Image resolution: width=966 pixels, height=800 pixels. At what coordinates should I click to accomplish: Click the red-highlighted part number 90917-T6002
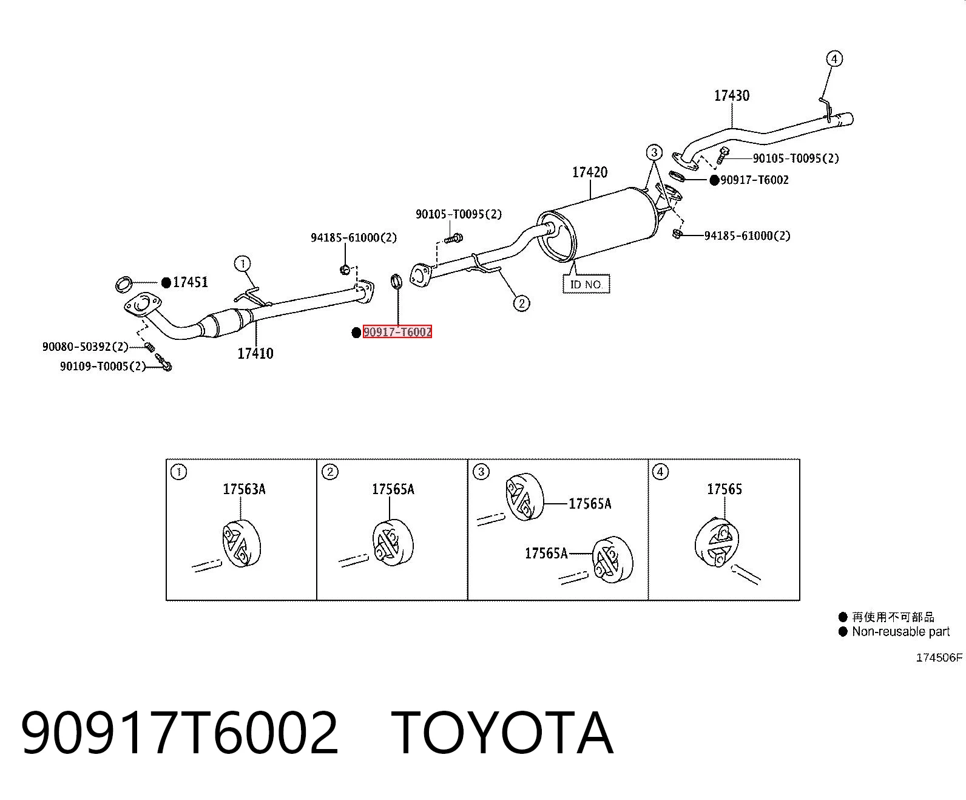(397, 331)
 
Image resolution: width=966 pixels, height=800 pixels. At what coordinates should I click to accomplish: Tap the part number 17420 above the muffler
(590, 172)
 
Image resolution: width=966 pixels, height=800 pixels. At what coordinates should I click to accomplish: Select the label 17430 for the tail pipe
(732, 96)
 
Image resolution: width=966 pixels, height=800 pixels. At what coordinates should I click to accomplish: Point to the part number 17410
(255, 354)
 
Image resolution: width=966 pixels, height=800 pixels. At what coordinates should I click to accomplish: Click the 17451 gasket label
(190, 282)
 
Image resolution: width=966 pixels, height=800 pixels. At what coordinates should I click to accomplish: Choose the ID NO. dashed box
(586, 284)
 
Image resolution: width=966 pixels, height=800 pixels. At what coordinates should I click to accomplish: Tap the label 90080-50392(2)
(85, 347)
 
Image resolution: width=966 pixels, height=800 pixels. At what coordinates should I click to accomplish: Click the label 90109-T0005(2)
(103, 366)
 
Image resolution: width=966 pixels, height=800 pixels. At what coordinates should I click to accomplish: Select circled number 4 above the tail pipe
(834, 59)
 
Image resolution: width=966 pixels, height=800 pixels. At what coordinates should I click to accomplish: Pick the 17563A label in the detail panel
(245, 489)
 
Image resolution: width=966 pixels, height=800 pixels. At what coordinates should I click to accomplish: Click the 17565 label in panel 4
(724, 489)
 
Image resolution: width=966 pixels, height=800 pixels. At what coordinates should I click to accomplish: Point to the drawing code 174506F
(939, 657)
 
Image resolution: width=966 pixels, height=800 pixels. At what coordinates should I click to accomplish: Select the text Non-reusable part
(900, 631)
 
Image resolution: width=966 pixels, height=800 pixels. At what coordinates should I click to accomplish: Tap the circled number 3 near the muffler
(654, 152)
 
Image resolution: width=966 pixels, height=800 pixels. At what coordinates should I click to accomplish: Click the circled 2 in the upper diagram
(521, 303)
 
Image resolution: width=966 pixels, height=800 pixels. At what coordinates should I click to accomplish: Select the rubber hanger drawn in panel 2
(393, 543)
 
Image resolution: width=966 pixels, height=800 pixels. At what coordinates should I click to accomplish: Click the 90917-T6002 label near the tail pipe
(754, 180)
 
